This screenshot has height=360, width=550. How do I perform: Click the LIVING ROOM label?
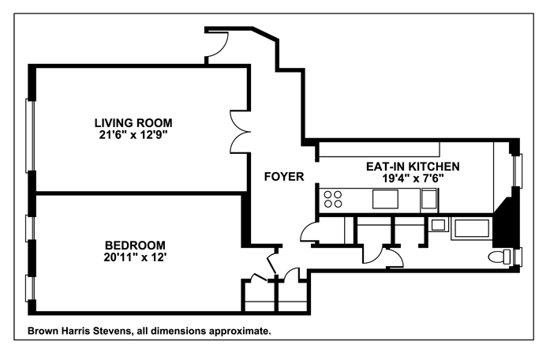pyautogui.click(x=133, y=123)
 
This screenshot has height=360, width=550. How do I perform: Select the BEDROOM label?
pyautogui.click(x=135, y=245)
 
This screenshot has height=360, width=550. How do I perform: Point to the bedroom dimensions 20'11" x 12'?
pyautogui.click(x=135, y=257)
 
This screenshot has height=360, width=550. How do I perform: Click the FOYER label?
pyautogui.click(x=284, y=177)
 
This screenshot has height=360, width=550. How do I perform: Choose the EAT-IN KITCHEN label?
pyautogui.click(x=413, y=167)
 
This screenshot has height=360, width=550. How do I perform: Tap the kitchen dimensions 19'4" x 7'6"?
pyautogui.click(x=413, y=178)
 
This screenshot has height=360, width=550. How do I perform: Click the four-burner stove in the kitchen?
pyautogui.click(x=333, y=199)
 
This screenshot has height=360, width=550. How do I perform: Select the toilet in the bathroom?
pyautogui.click(x=500, y=257)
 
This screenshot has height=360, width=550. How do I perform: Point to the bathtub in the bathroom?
pyautogui.click(x=472, y=229)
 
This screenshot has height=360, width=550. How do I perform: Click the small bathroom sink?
pyautogui.click(x=438, y=224)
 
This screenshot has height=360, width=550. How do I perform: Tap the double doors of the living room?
pyautogui.click(x=240, y=132)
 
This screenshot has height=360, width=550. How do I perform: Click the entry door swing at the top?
pyautogui.click(x=217, y=44)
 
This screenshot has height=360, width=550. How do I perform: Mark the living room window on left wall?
pyautogui.click(x=31, y=136)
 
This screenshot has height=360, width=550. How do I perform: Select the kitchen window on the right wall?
pyautogui.click(x=518, y=171)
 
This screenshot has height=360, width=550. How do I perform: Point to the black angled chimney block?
pyautogui.click(x=505, y=223)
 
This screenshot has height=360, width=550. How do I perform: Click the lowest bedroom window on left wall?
pyautogui.click(x=31, y=288)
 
